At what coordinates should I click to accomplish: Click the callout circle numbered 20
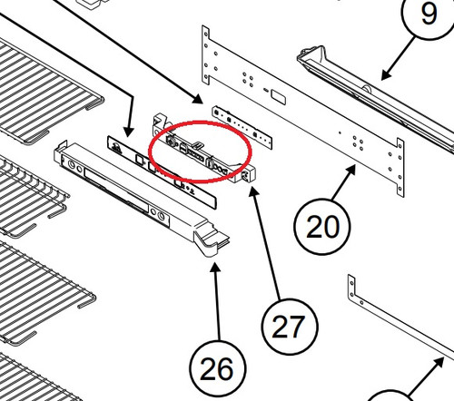pyautogui.click(x=321, y=227)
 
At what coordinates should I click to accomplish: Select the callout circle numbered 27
pyautogui.click(x=290, y=326)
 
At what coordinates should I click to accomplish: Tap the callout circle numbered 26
pyautogui.click(x=218, y=368)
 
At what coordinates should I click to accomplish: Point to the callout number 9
pyautogui.click(x=429, y=14)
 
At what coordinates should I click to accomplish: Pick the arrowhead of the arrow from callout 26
pyautogui.click(x=215, y=268)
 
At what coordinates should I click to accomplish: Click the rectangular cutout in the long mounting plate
pyautogui.click(x=278, y=97)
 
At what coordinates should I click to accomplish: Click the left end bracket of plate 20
pyautogui.click(x=206, y=55)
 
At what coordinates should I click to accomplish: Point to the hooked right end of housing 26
pyautogui.click(x=212, y=240)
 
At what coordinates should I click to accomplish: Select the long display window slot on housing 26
pyautogui.click(x=116, y=191)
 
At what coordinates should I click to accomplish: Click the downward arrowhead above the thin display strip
pyautogui.click(x=128, y=132)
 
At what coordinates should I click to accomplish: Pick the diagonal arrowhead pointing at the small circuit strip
pyautogui.click(x=198, y=99)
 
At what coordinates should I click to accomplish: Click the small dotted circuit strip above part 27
pyautogui.click(x=242, y=127)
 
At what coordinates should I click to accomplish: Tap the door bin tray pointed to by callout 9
pyautogui.click(x=375, y=100)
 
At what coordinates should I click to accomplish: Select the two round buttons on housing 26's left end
pyautogui.click(x=75, y=167)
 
